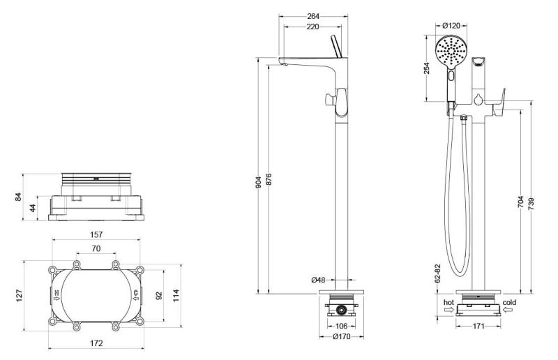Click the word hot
point(448,302)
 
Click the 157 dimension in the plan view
point(96,235)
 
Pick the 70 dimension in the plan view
point(96,248)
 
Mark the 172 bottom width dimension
point(96,343)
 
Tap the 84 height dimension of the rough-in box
point(20,197)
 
